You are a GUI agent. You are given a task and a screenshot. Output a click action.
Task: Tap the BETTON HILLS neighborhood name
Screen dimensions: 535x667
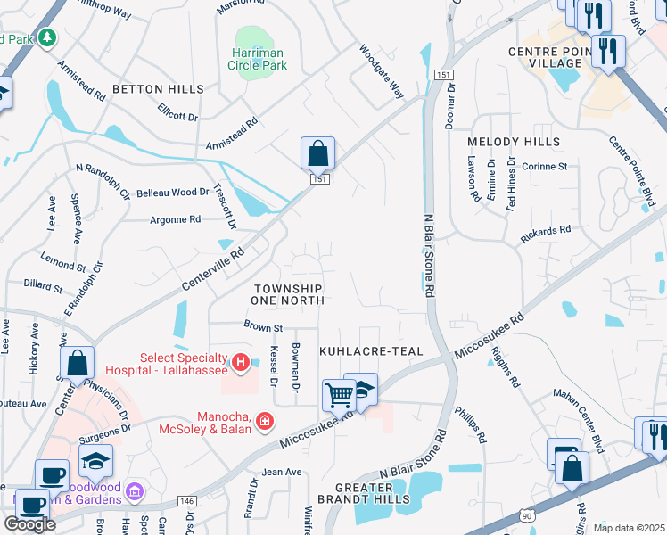[158, 90]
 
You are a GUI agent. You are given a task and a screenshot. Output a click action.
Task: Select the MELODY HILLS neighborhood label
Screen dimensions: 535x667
[515, 142]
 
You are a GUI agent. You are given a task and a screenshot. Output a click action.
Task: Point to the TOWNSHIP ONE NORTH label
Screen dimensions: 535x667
[287, 295]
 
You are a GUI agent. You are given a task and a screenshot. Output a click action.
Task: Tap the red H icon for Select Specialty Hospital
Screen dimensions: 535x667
[239, 362]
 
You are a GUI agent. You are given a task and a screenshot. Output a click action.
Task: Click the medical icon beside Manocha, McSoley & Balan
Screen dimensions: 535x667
[265, 420]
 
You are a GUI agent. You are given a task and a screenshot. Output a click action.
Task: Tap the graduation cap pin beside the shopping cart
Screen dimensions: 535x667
[362, 388]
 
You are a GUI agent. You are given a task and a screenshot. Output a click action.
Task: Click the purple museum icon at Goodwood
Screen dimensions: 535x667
[135, 490]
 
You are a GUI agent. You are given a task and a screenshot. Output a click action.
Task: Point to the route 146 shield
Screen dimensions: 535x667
[186, 502]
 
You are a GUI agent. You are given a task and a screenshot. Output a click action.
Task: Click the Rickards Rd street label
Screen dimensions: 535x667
[546, 234]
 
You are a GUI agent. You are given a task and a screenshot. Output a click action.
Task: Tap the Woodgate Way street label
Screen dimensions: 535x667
[382, 72]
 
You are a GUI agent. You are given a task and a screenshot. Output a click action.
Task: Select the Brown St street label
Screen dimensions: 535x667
[263, 328]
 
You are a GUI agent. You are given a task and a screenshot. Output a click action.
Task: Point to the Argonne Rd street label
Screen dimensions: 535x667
[175, 219]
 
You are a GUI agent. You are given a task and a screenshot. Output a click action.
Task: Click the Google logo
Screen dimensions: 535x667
[29, 523]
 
